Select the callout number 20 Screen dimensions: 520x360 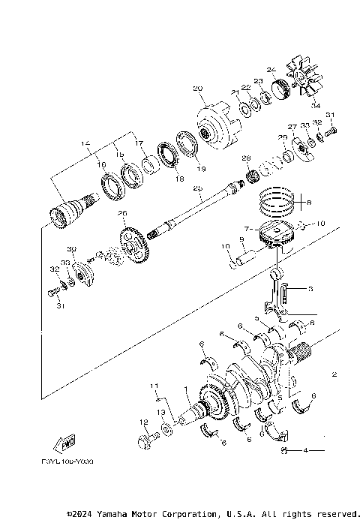click(x=197, y=89)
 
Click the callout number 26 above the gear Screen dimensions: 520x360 click(x=123, y=213)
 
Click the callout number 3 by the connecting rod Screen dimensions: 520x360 click(x=310, y=288)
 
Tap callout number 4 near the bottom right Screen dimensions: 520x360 click(x=306, y=450)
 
